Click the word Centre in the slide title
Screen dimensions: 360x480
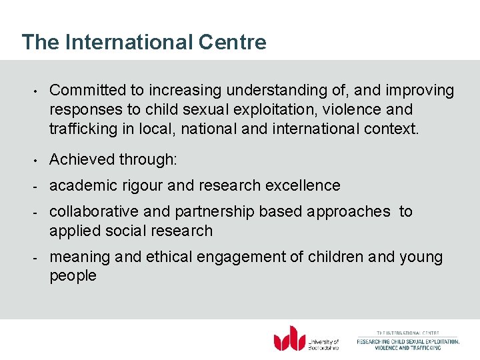pyautogui.click(x=233, y=42)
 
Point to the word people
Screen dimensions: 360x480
pyautogui.click(x=73, y=276)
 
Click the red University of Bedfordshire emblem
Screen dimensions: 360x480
pyautogui.click(x=289, y=338)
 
